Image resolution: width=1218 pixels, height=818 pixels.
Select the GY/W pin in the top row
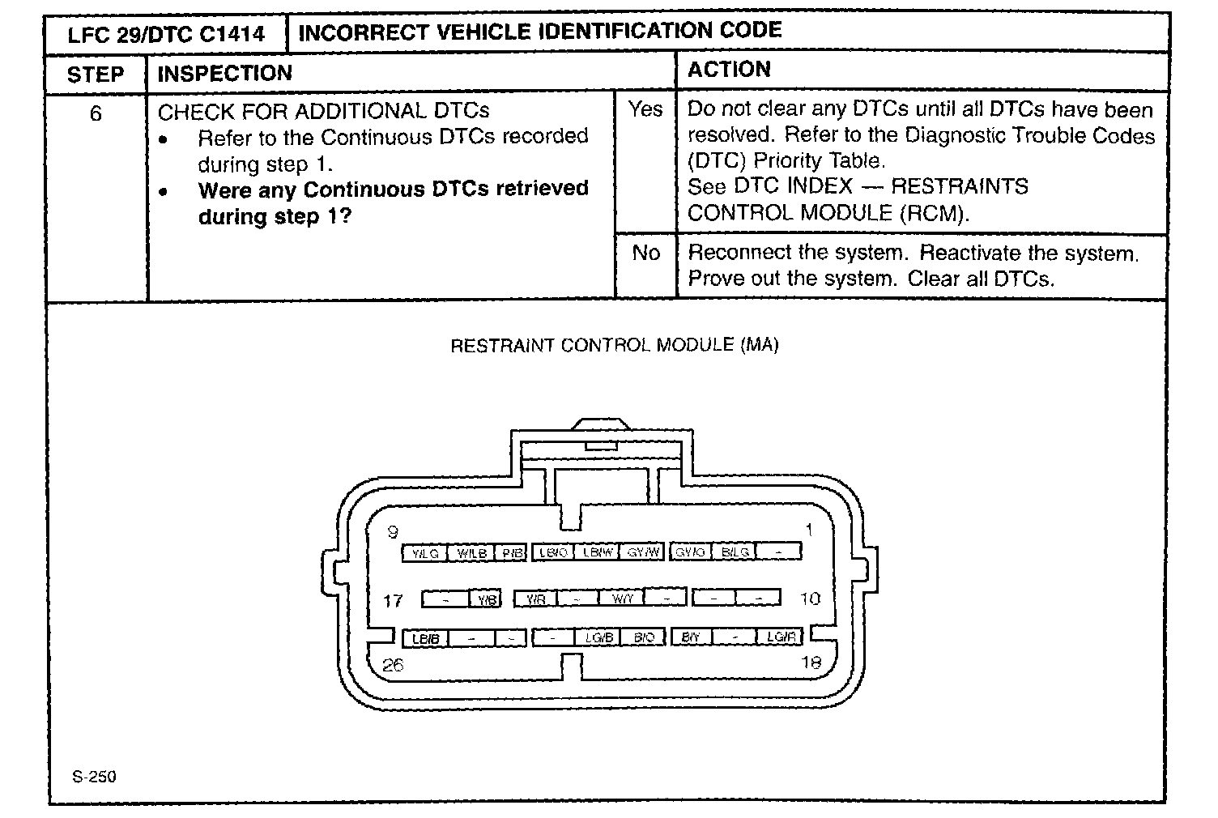click(x=643, y=552)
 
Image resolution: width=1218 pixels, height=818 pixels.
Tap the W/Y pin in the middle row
click(x=622, y=599)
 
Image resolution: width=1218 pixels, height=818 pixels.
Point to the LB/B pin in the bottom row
click(x=424, y=638)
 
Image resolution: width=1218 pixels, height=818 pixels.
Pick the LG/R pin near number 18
click(x=780, y=637)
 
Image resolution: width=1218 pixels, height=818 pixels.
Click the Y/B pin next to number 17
click(x=486, y=600)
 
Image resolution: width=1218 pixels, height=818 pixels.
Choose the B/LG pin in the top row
click(x=735, y=552)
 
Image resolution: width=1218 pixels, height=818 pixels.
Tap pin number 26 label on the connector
click(x=393, y=665)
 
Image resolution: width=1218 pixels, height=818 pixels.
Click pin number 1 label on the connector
click(x=808, y=530)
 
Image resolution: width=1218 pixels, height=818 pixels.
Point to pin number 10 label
click(x=810, y=599)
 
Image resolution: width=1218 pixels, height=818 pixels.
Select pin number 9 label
click(x=393, y=531)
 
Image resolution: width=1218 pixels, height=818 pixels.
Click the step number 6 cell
click(x=96, y=113)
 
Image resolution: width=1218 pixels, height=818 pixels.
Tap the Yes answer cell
click(x=645, y=109)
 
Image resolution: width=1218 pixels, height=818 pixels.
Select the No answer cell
click(x=645, y=253)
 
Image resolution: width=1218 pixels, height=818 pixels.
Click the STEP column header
click(x=96, y=75)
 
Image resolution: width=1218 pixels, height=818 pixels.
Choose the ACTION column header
click(x=729, y=70)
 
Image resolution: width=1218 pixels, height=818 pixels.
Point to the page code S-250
click(x=94, y=778)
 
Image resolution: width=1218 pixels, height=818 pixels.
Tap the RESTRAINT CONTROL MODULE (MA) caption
click(x=614, y=346)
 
